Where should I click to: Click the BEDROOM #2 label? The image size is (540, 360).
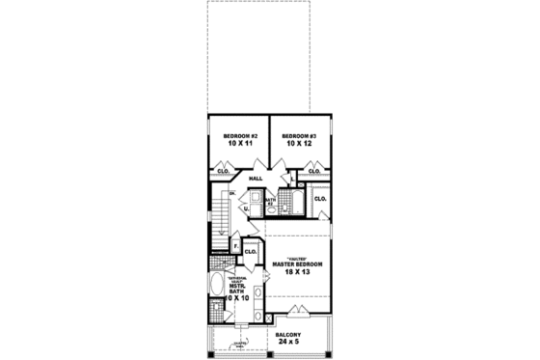[x=240, y=136]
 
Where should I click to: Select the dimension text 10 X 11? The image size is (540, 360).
[x=240, y=145]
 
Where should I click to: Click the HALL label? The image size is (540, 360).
[x=256, y=179]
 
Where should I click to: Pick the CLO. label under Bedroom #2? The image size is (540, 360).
[x=221, y=172]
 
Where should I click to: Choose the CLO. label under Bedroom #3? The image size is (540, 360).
[x=314, y=172]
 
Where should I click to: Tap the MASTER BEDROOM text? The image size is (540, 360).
[x=297, y=263]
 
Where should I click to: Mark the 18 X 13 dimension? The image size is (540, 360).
[x=297, y=273]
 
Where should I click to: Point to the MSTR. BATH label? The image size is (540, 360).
[x=237, y=289]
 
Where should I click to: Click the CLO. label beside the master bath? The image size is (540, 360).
[x=251, y=252]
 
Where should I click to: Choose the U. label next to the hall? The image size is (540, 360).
[x=245, y=208]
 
